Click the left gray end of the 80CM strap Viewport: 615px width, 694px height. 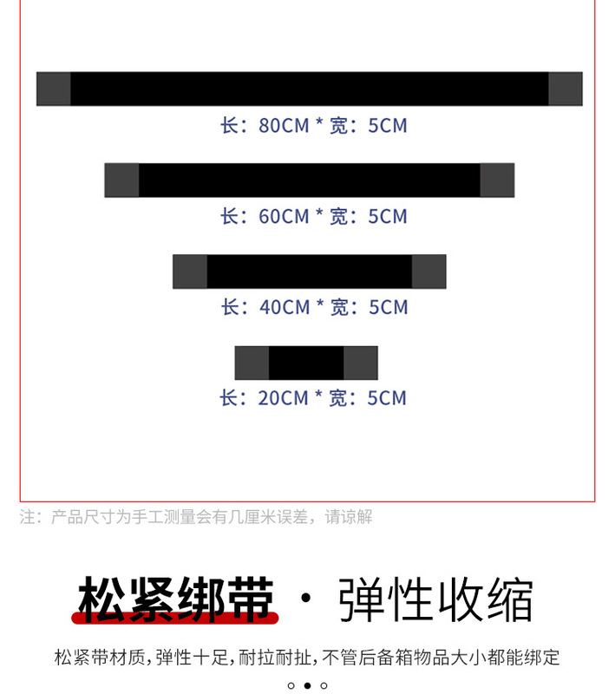(54, 89)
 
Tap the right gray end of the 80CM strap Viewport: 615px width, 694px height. (565, 89)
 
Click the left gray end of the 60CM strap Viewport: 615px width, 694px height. (121, 180)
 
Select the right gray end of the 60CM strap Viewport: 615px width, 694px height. (497, 180)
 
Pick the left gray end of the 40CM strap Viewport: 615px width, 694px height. (190, 272)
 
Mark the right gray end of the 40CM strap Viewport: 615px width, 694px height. (429, 272)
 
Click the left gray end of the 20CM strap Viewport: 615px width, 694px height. (252, 363)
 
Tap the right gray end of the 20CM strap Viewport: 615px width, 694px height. (361, 363)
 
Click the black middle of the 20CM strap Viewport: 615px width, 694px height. (306, 363)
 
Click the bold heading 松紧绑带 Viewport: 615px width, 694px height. (176, 599)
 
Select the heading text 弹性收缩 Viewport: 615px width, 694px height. (435, 599)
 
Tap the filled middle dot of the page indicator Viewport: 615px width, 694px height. (307, 685)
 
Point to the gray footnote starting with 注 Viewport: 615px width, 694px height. (196, 517)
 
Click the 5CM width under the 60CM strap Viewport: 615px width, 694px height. (388, 216)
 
